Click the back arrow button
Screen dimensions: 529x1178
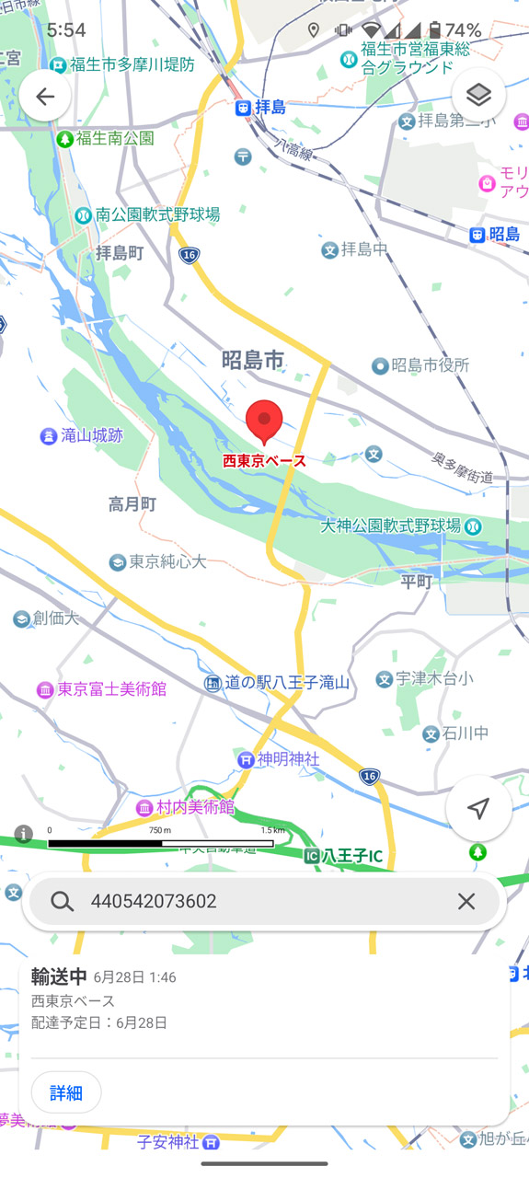45,97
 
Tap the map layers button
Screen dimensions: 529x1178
478,95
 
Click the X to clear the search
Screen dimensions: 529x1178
466,901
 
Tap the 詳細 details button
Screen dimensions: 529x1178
66,1092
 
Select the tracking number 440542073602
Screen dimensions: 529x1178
154,901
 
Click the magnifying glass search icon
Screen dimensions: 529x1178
63,901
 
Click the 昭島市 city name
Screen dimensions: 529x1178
253,360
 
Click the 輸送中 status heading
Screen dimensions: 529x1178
59,976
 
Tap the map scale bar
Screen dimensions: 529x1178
161,842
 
